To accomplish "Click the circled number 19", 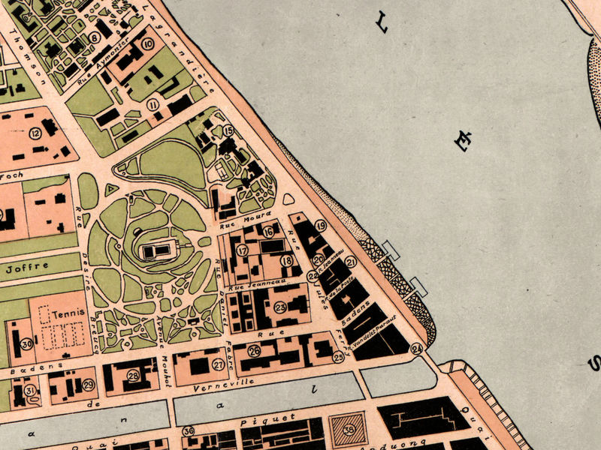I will (321, 226).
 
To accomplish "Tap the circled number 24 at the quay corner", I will (416, 348).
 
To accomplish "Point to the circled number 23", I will (280, 307).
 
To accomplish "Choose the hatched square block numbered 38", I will (349, 430).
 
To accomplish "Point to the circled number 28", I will (133, 376).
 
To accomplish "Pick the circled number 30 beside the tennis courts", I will (26, 344).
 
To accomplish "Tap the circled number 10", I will (148, 44).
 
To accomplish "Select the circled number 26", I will (254, 351).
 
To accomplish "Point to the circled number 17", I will (242, 251).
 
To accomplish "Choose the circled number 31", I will (29, 390).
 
